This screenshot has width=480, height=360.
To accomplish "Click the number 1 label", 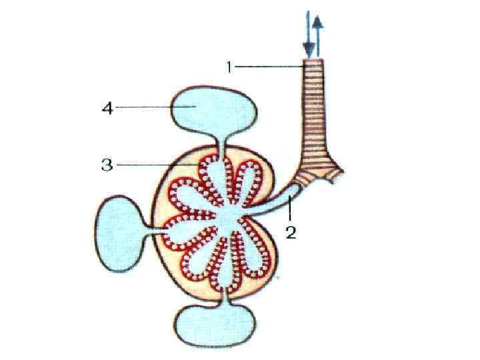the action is [229, 67].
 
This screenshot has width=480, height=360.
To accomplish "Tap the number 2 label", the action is [290, 233].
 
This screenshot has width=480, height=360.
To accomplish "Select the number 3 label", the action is [107, 165].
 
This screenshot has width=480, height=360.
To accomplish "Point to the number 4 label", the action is [107, 107].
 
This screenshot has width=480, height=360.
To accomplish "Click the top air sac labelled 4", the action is [213, 108].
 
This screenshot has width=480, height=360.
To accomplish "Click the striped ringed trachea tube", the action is [315, 113].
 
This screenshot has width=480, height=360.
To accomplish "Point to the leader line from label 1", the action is [270, 66].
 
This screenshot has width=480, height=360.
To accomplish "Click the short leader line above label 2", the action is [290, 214].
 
